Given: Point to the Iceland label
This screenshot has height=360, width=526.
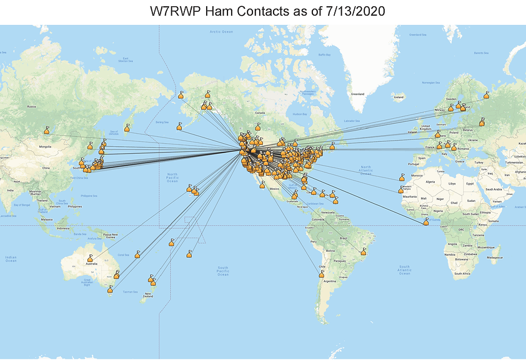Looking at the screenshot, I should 398,97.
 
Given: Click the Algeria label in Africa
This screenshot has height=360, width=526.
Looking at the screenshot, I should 430,181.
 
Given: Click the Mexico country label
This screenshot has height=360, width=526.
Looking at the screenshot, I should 274,187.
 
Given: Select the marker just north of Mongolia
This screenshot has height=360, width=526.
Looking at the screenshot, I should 46,131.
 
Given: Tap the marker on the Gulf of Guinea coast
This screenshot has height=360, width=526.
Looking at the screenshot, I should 426,222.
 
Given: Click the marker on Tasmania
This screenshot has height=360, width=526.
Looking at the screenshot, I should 111,289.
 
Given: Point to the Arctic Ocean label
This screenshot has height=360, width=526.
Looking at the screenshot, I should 221,32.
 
